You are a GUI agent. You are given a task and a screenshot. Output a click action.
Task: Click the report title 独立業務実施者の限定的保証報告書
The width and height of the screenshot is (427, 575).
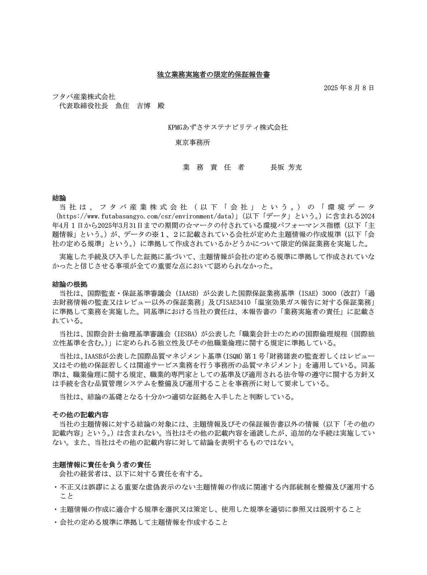click(x=213, y=75)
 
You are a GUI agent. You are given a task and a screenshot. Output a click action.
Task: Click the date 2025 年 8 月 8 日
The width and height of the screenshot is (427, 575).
click(x=349, y=88)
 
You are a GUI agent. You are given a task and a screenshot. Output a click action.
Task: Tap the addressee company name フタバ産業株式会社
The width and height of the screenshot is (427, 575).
click(x=84, y=97)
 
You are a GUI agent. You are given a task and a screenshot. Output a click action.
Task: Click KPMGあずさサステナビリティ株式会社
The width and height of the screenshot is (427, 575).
click(x=228, y=127)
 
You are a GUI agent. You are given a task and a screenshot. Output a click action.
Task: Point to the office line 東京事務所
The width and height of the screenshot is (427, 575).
click(x=192, y=142)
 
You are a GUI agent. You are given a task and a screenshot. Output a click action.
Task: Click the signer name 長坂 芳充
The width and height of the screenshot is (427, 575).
click(x=286, y=167)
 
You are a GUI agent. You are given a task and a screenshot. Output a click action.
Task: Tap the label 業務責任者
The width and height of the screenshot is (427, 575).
click(x=213, y=167)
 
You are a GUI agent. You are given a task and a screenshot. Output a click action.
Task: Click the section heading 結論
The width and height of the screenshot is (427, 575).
click(x=59, y=198)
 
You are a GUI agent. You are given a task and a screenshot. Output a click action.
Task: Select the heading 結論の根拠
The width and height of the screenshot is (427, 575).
click(x=70, y=284)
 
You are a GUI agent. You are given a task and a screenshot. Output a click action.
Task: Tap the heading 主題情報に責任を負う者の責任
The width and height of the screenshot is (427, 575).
click(x=102, y=465)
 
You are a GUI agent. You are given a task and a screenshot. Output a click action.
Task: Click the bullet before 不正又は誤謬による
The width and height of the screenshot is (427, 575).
click(x=56, y=488)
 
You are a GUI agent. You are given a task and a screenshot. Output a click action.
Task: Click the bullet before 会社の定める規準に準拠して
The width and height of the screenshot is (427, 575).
click(x=56, y=523)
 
